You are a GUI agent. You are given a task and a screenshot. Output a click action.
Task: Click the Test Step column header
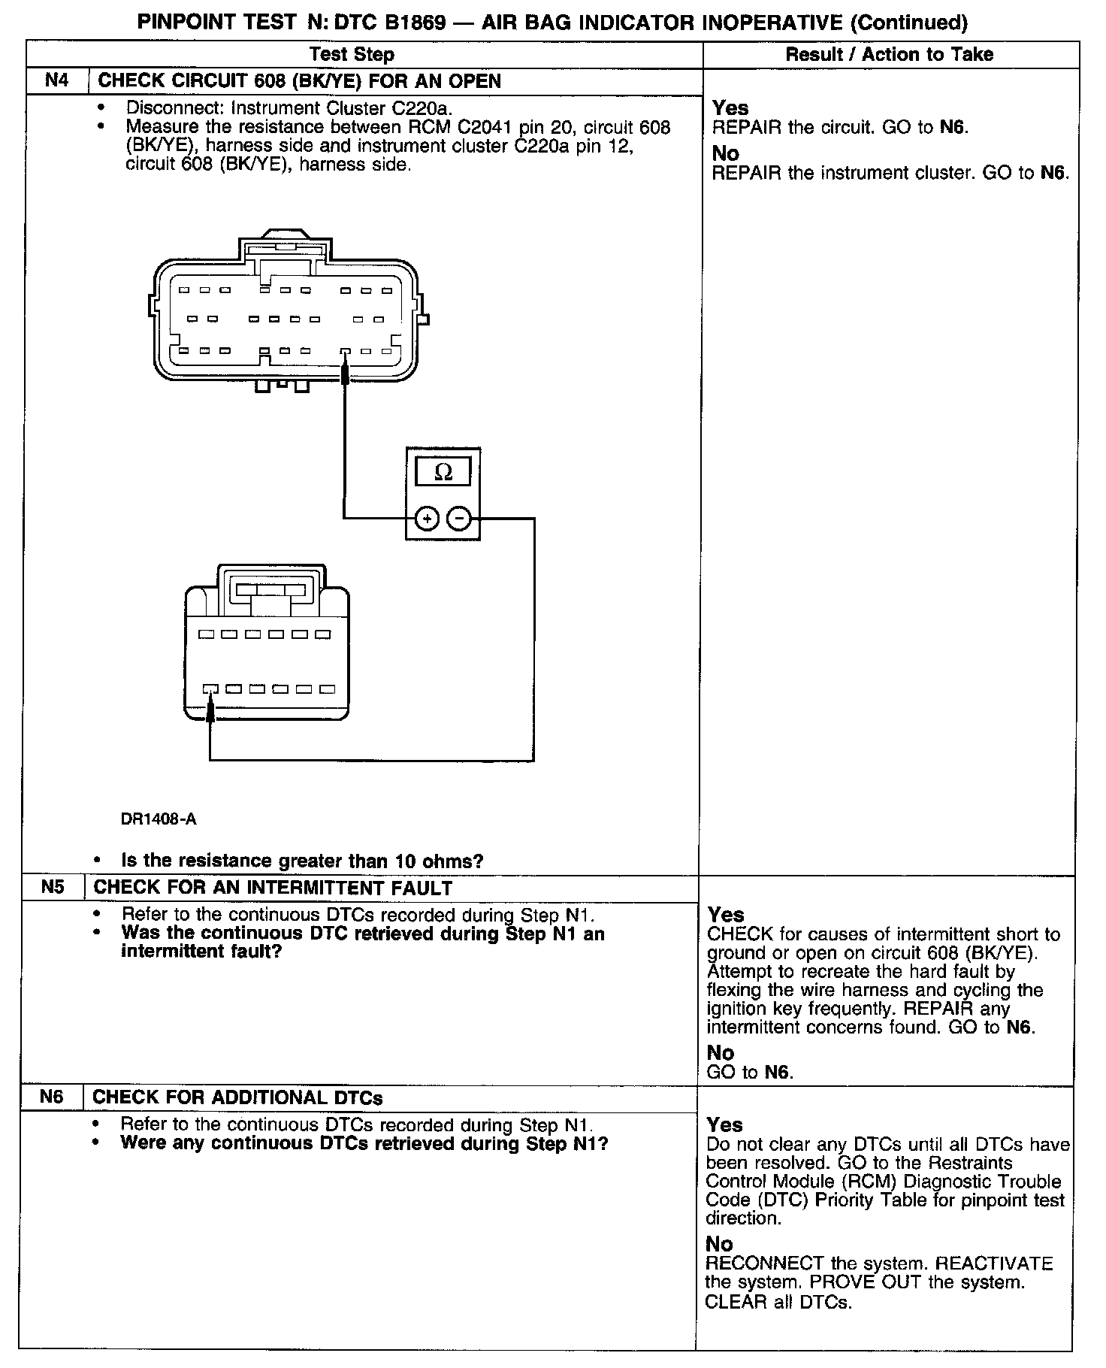[352, 54]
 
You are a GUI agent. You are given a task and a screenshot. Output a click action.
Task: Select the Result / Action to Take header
[889, 54]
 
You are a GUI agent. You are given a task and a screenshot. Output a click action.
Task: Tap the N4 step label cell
[57, 80]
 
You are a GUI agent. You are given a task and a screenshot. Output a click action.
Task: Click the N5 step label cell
[53, 887]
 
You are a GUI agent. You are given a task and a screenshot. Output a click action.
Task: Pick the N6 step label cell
[51, 1097]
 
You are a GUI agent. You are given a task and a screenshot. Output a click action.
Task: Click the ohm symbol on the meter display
[443, 472]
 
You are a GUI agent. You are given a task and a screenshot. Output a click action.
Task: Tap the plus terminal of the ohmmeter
[427, 519]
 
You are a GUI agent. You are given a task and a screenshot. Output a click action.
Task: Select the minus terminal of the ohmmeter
[459, 519]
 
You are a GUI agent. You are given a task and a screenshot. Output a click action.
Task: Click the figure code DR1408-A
[159, 819]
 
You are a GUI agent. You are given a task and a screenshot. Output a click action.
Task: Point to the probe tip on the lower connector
[210, 707]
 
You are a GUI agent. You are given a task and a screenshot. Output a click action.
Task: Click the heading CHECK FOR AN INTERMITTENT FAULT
[272, 888]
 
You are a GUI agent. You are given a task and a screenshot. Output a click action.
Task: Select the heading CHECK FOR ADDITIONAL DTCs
[237, 1097]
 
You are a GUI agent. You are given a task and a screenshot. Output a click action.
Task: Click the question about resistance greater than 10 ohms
[302, 861]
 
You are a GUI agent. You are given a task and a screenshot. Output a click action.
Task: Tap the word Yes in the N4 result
[730, 107]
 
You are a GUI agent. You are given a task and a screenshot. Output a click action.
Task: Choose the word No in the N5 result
[721, 1052]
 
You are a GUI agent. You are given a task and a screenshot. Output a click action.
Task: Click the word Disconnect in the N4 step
[172, 107]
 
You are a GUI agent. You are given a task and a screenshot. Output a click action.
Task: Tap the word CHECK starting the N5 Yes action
[739, 934]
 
